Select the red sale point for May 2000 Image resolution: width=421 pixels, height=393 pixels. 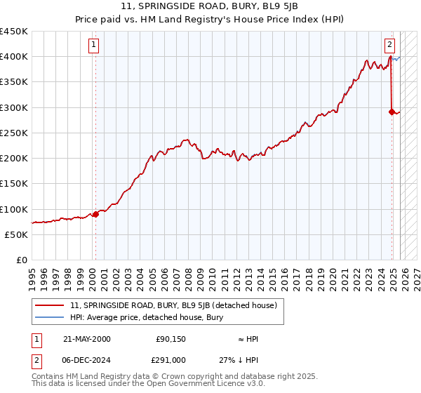pyautogui.click(x=95, y=214)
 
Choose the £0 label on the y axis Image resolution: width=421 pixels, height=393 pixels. pyautogui.click(x=22, y=260)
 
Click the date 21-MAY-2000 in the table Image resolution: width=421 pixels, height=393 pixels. pyautogui.click(x=86, y=339)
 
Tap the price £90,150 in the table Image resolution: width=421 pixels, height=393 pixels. pyautogui.click(x=171, y=339)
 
